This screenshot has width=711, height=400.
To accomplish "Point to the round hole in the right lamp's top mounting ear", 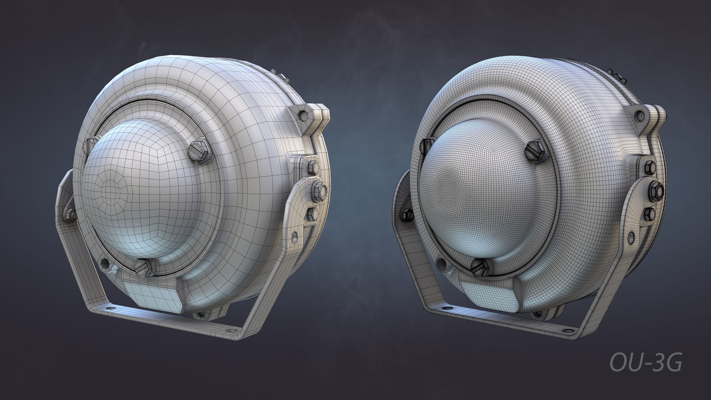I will tap(640, 116).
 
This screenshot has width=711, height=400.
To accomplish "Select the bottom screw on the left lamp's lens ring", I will tap(143, 267).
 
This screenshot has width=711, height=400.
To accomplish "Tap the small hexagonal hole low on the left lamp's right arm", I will tap(295, 237).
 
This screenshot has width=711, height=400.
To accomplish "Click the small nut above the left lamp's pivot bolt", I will tap(312, 167).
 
